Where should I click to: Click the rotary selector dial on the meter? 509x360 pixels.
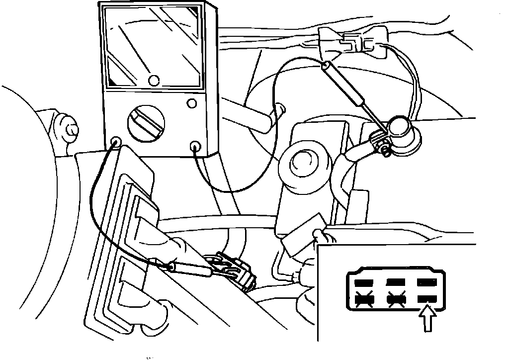point(145,122)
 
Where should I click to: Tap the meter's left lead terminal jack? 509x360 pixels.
point(115,141)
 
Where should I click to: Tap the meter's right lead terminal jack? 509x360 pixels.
point(196,146)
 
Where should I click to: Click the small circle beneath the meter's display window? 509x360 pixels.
point(154,80)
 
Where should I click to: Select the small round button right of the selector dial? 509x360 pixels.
point(191,104)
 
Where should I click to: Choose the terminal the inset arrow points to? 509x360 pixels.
point(426,299)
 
